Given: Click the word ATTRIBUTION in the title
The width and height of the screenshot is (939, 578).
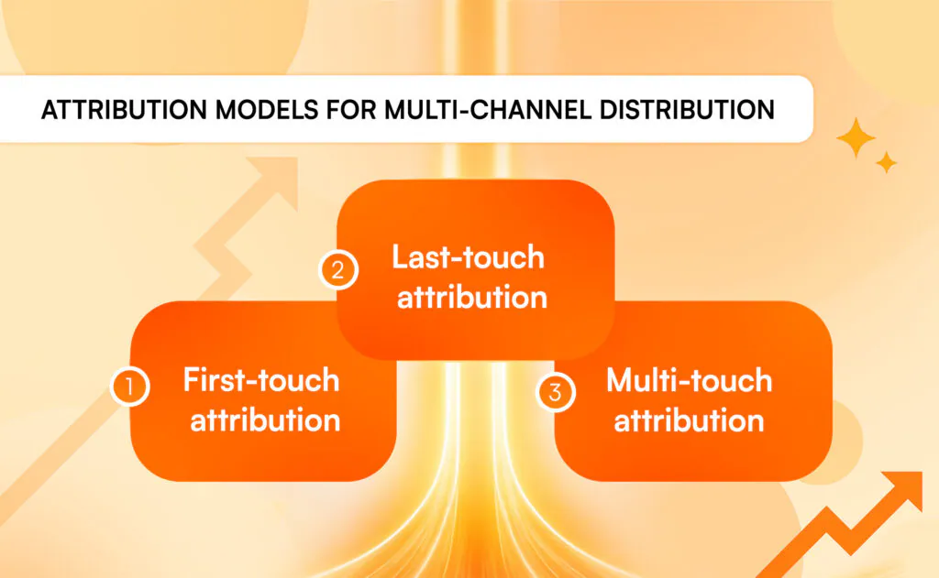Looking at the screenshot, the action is (125, 110).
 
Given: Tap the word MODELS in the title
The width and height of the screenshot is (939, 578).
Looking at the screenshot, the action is (267, 110).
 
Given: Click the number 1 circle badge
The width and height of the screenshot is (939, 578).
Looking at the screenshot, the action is (130, 387).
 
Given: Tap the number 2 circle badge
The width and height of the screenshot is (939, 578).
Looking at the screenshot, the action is (338, 270).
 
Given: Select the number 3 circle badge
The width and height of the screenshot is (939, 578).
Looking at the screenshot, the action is (555, 393).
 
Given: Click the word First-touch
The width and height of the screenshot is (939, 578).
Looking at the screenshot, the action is (261, 380).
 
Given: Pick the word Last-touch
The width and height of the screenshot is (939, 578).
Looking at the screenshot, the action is (468, 257).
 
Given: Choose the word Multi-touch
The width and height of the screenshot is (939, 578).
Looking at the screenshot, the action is (690, 380).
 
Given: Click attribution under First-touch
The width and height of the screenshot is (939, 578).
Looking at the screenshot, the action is (265, 420).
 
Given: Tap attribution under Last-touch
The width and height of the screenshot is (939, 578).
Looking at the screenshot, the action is (472, 298).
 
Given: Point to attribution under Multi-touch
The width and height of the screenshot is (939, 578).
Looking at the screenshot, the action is (690, 420).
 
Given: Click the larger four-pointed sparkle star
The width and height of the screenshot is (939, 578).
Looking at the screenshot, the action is (856, 137).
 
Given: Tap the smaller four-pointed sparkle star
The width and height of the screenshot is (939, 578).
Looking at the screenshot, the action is (887, 163).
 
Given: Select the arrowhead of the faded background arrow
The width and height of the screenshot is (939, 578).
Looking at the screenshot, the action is (277, 180).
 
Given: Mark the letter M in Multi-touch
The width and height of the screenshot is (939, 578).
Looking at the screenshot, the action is (621, 380).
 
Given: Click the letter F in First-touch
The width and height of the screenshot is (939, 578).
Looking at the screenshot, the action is (192, 380).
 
